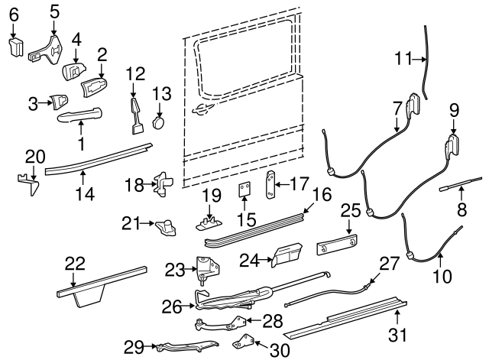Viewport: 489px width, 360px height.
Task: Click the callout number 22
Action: coord(74,263)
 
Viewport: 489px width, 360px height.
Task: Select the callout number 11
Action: coord(403,58)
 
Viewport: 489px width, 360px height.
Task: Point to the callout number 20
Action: coord(31,157)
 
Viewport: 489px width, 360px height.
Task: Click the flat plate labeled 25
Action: coord(338,246)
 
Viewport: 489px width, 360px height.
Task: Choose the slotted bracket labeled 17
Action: coord(270,185)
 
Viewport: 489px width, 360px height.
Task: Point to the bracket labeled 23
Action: coord(206,267)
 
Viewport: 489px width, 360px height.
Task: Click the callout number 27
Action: coord(389,264)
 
